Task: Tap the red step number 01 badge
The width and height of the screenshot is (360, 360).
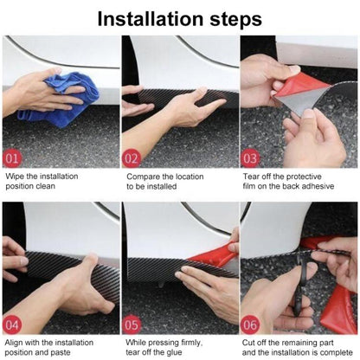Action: point(12,158)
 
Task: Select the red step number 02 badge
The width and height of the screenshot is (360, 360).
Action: point(131,158)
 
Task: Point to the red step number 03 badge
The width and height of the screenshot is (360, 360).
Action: point(250,158)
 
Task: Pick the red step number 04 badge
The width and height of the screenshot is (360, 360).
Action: point(12,325)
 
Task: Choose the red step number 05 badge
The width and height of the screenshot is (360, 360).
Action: point(131,325)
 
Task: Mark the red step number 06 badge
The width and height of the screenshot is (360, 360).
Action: point(250,325)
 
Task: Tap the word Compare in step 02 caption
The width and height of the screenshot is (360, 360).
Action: point(144,177)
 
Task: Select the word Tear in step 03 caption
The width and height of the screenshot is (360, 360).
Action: point(254,177)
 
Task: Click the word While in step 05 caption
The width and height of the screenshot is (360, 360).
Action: point(138,344)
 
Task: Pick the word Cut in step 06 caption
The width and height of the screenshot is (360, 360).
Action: point(252,344)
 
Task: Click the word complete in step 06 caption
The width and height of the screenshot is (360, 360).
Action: point(333,354)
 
